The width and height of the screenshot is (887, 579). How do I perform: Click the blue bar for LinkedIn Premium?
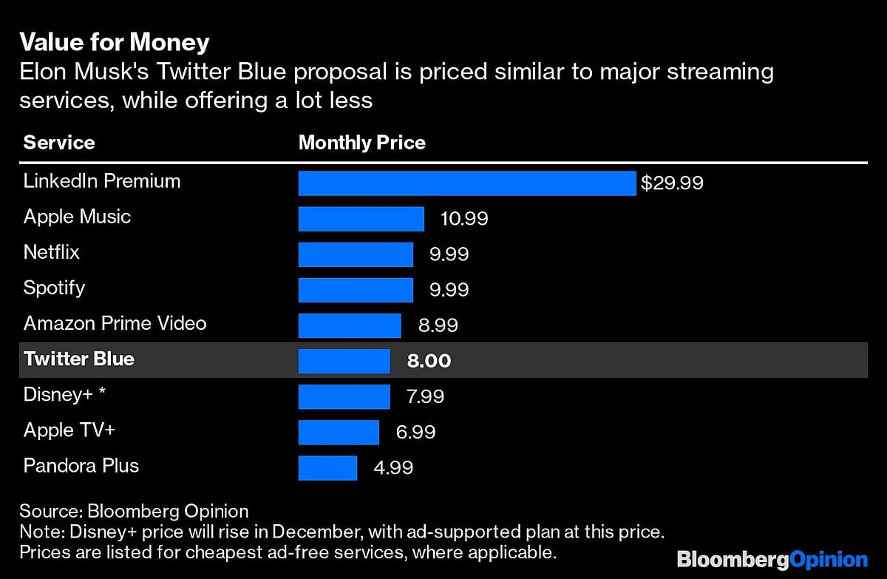coord(466,183)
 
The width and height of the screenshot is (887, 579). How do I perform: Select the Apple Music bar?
coord(361,219)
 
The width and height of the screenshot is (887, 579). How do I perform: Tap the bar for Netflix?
coord(356,254)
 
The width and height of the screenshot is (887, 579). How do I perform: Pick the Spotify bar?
coord(356,290)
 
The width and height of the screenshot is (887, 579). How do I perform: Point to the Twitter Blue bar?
coord(344,361)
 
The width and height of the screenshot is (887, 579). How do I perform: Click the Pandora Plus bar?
coord(327,467)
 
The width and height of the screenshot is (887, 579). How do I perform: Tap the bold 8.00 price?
coord(429,361)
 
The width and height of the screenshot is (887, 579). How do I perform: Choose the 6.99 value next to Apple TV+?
coord(415,432)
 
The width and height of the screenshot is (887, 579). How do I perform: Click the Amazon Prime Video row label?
coord(115,324)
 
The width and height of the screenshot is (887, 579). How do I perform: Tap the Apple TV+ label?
coord(69,430)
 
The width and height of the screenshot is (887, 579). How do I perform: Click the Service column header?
coord(59,143)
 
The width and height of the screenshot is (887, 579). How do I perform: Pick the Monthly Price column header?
coord(361,143)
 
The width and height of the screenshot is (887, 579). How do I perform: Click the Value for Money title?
coord(114,42)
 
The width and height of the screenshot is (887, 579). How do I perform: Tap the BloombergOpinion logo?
coord(772,559)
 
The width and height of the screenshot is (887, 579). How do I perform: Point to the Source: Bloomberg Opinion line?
coord(134,511)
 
